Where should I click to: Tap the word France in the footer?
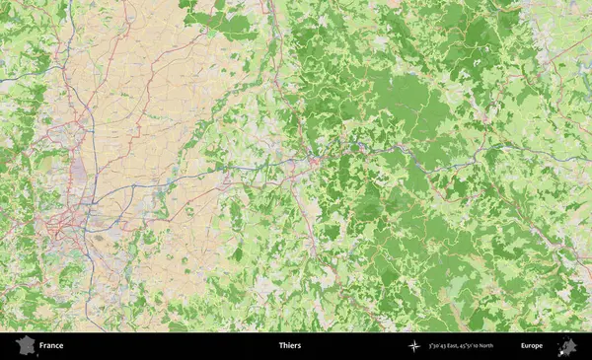[x=51, y=346]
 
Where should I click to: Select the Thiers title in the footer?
[x=290, y=346]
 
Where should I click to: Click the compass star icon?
[x=414, y=346]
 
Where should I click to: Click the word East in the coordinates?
[x=461, y=346]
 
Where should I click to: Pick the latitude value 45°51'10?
[x=482, y=346]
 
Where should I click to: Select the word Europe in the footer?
[x=532, y=346]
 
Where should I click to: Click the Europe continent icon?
[x=566, y=346]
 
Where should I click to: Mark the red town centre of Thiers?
[x=314, y=161]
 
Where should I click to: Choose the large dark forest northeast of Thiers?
[x=405, y=99]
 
